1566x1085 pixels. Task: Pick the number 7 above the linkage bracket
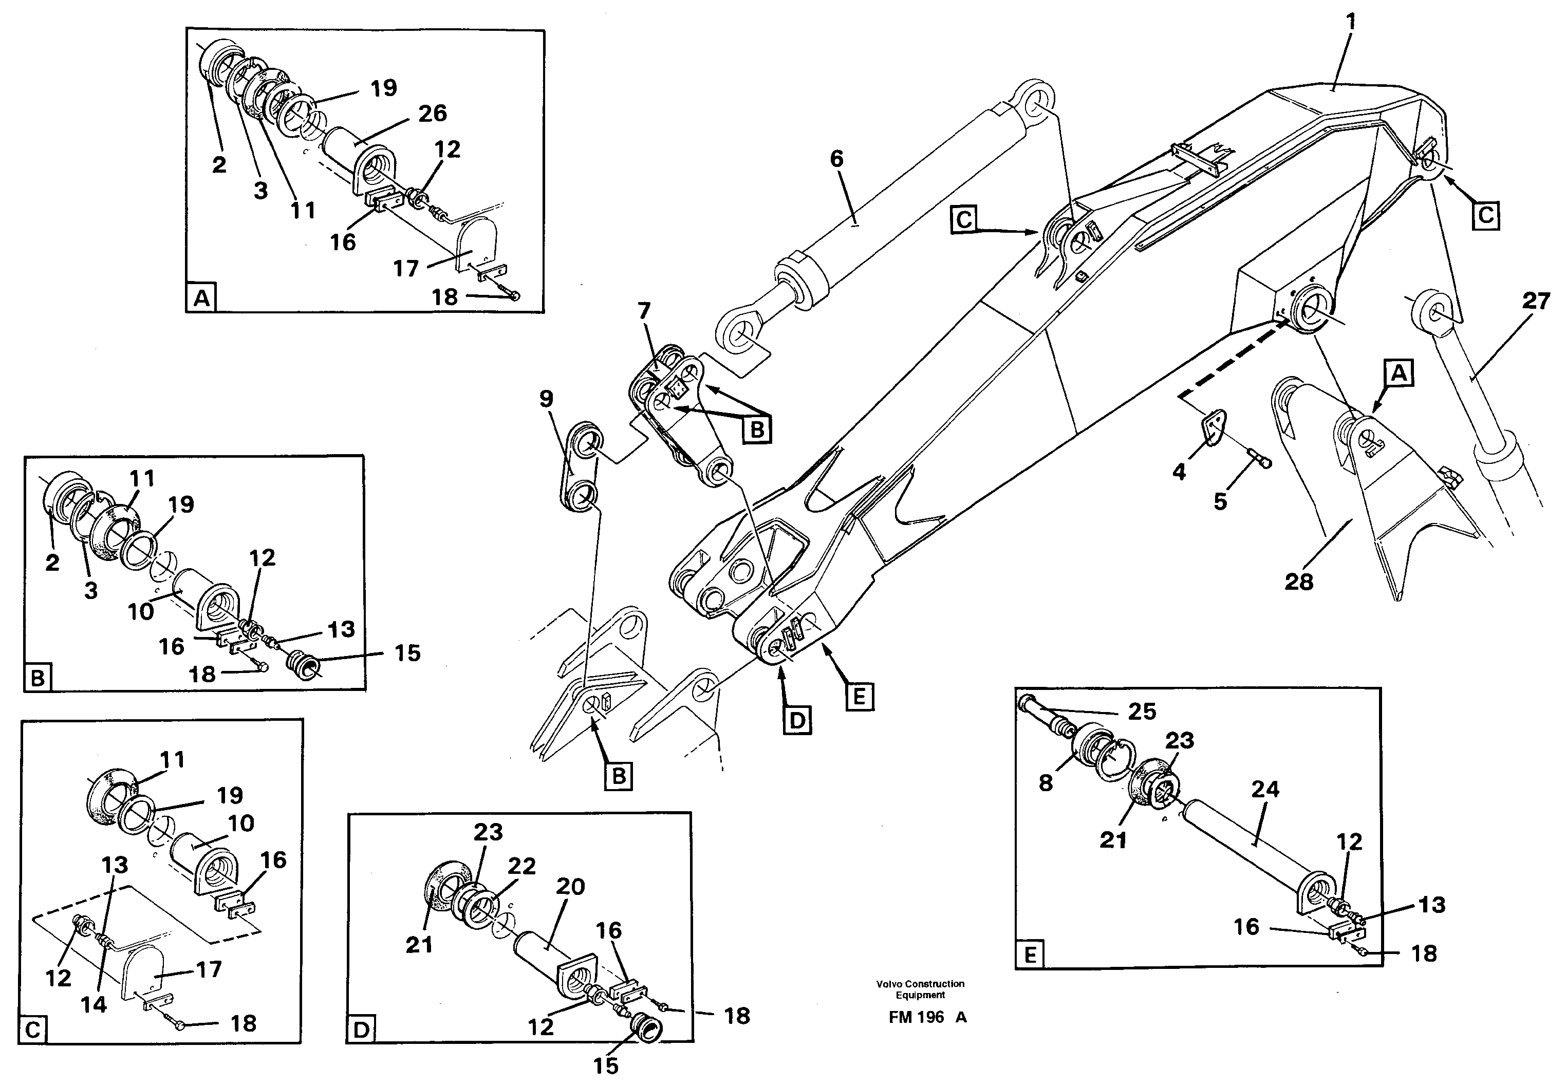pos(644,311)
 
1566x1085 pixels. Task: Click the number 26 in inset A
pos(432,114)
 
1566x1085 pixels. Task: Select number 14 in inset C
pos(94,1004)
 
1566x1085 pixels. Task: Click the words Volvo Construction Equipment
pos(920,989)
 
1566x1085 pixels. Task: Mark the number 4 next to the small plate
pos(1179,471)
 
